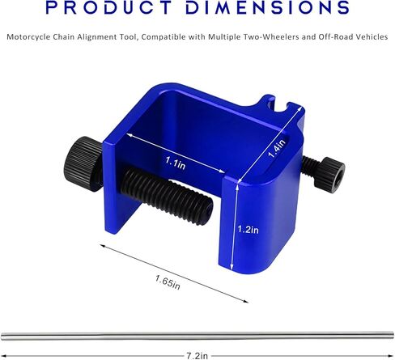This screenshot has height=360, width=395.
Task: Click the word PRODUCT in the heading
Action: [x=108, y=7]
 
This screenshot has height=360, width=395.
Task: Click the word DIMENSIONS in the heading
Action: [x=267, y=7]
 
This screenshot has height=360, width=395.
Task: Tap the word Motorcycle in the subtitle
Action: [x=28, y=37]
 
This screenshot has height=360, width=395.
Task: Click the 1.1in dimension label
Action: [x=176, y=163]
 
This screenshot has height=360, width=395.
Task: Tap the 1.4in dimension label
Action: [x=276, y=148]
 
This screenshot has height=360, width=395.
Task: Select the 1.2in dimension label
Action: [x=248, y=230]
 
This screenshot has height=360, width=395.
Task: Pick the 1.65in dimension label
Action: [x=168, y=282]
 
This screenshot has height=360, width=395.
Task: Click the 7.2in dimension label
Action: [x=197, y=356]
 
